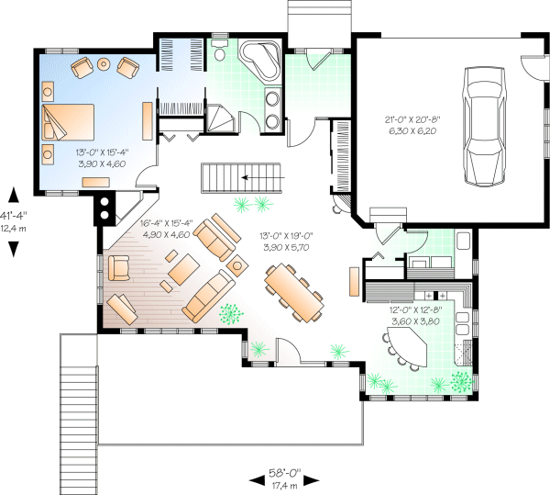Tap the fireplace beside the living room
click(106, 208)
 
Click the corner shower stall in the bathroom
click(218, 118)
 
